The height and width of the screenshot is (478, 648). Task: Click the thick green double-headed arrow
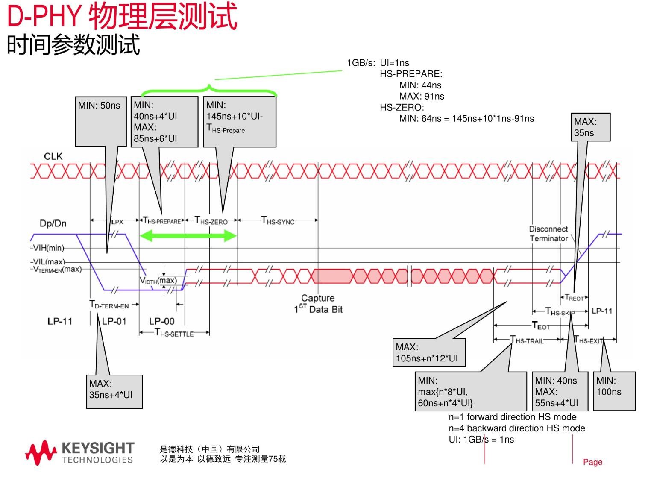(188, 236)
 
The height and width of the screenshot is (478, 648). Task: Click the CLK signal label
(53, 156)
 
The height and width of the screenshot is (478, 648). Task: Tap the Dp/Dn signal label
(53, 223)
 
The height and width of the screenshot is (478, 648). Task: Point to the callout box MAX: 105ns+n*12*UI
(429, 353)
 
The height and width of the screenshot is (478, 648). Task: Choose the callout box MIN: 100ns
(614, 391)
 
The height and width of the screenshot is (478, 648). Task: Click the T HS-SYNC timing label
(278, 220)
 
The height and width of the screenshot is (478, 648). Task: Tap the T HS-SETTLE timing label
(174, 333)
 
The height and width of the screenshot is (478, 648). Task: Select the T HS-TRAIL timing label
(527, 340)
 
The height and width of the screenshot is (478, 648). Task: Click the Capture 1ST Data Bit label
(318, 304)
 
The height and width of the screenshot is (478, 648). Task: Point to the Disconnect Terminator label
(548, 234)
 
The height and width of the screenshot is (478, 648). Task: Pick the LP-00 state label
(161, 321)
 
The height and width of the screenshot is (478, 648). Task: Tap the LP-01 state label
(114, 321)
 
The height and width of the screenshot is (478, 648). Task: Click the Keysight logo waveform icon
(41, 453)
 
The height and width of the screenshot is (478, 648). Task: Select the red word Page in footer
(592, 462)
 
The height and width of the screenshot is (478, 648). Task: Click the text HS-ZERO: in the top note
(402, 107)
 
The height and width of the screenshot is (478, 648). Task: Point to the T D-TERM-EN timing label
(109, 305)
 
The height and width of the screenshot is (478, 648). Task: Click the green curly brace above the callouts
(209, 90)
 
